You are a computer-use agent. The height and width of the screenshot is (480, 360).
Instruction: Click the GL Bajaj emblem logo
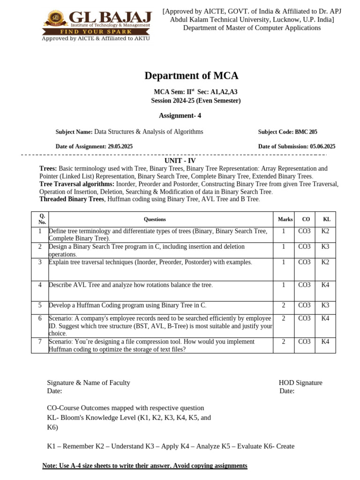coord(55,19)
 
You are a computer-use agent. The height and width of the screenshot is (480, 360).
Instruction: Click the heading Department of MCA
coord(191,75)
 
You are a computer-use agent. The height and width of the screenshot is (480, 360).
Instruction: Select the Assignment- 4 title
coord(180,115)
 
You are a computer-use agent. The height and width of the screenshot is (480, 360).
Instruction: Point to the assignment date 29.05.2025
coord(120,147)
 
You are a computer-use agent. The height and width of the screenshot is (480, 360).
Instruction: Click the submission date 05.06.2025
coord(322,147)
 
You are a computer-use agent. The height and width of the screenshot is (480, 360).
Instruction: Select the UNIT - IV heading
coord(180,161)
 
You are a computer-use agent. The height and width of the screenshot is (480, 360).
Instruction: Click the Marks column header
coord(285,219)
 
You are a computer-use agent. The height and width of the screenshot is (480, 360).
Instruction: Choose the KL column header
coord(327,219)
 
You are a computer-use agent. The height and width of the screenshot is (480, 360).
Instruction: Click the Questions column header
coord(155,219)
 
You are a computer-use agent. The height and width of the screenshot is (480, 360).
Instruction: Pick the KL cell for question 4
coord(325,285)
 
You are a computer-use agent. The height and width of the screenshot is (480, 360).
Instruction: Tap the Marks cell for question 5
coord(284,305)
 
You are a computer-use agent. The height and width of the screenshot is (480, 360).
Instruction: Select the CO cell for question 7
coord(304,342)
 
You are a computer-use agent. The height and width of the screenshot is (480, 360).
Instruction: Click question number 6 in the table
coord(40,318)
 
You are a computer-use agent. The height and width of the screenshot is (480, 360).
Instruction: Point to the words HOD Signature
coord(300,382)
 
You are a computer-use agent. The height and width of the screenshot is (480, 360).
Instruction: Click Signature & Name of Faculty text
coord(89,382)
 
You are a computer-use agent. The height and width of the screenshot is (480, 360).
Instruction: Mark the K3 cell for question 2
coord(325,247)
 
